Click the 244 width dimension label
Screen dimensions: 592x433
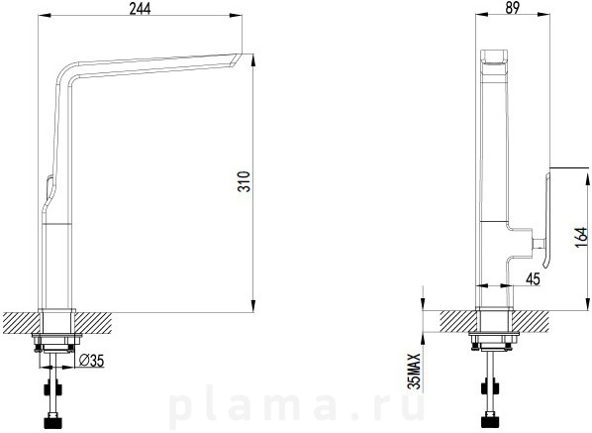140,8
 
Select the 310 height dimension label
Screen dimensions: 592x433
245,181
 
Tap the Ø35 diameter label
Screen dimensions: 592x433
92,361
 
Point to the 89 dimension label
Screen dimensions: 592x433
512,8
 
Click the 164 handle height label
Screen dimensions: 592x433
581,237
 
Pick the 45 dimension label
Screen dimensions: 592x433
533,278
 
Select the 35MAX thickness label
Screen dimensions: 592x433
415,371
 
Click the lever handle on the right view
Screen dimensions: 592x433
546,220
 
